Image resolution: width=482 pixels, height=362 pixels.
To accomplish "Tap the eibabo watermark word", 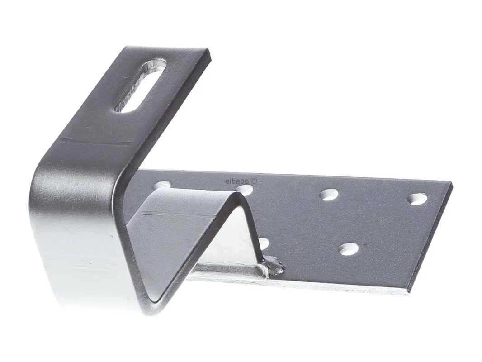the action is pos(237,181).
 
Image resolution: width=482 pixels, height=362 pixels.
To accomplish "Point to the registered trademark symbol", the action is pos(254,181).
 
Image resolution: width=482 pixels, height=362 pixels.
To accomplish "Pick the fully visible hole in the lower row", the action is pos(350,249).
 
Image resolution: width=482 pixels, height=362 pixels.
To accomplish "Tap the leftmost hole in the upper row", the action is pos(163,185).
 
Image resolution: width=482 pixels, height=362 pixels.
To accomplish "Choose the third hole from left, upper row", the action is pos(329,195).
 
